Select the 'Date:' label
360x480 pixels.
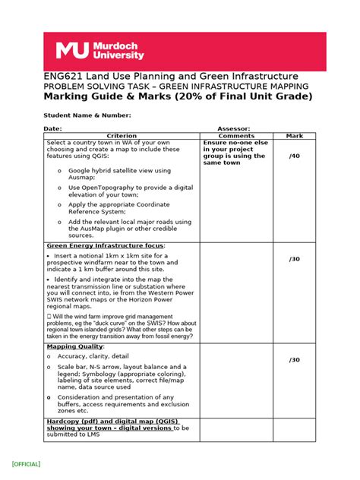(52, 129)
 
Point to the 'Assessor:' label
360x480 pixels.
(234, 129)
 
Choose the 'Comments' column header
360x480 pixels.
(236, 136)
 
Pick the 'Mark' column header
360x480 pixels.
(294, 136)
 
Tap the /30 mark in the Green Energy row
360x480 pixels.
(295, 259)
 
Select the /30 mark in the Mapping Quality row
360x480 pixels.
(295, 360)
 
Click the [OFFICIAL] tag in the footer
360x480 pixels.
(26, 464)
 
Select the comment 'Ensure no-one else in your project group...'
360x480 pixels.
(235, 153)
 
